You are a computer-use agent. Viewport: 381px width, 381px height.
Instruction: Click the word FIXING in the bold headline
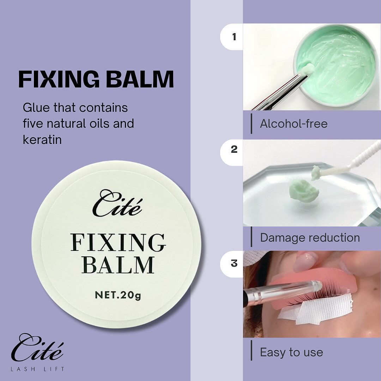pos(59,79)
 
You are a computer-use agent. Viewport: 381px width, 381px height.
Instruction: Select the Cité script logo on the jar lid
pos(117,203)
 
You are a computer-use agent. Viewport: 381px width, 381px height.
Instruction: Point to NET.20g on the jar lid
pos(118,295)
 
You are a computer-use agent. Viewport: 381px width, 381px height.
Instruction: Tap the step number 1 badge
pos(234,37)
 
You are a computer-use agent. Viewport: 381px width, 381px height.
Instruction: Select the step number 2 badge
pos(234,149)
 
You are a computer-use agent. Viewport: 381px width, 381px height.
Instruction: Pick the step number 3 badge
pos(234,263)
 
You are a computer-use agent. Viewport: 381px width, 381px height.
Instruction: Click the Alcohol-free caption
pos(294,124)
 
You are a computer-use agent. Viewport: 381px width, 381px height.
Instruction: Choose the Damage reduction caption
pos(310,238)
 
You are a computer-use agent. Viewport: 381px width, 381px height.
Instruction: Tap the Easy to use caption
pos(292,352)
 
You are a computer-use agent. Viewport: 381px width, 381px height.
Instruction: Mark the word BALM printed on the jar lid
pos(118,265)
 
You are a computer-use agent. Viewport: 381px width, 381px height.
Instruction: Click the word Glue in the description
pos(36,107)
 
